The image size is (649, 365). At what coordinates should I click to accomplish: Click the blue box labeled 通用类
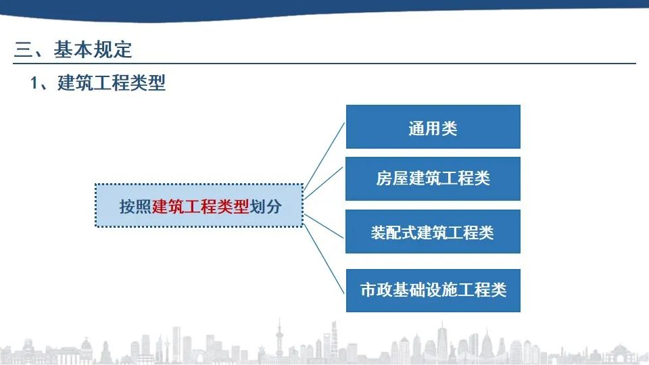433,126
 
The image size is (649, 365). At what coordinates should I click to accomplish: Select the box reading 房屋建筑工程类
433,178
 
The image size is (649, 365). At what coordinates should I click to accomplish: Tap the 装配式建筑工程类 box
433,231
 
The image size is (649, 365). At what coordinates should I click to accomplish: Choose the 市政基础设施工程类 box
433,291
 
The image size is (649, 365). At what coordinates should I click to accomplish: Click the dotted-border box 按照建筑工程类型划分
199,205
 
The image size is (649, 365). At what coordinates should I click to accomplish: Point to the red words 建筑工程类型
201,206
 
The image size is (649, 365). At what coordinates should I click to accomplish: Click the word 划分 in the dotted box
266,206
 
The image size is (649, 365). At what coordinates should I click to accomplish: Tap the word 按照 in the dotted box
136,206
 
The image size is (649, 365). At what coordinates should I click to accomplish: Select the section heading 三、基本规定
73,49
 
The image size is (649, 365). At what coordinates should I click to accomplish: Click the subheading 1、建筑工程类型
98,82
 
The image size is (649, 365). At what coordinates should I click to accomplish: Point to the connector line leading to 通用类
324,155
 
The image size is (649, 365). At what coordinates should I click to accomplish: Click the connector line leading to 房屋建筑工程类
324,183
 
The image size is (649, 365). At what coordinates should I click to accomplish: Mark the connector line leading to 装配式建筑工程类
324,226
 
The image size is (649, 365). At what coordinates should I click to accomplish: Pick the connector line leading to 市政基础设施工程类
324,259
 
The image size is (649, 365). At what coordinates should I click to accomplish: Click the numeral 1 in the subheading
34,83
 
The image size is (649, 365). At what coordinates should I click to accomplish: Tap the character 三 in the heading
23,50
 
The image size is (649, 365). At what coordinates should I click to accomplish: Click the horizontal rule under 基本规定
324,64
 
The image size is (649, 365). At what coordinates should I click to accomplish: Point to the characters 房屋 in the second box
392,178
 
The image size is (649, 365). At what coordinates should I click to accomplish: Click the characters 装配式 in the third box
394,233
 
